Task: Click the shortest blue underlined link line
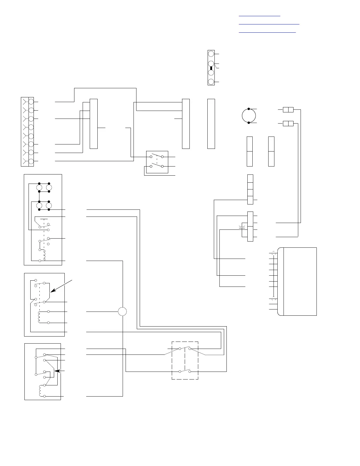(x=259, y=16)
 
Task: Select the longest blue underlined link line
(x=269, y=24)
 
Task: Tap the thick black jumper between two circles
(x=211, y=68)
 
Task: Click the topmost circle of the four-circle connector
(x=211, y=54)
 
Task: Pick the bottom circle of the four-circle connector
(x=211, y=82)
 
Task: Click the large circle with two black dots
(x=249, y=116)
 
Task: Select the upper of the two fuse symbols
(x=288, y=110)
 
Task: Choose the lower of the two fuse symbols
(x=288, y=124)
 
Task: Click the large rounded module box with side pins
(x=297, y=281)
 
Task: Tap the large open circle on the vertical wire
(x=122, y=311)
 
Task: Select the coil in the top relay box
(x=44, y=255)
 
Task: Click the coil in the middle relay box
(x=39, y=317)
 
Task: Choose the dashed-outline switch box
(x=185, y=360)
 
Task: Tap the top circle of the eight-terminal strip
(x=31, y=101)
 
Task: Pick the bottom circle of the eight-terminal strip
(x=31, y=161)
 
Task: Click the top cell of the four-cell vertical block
(x=250, y=178)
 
